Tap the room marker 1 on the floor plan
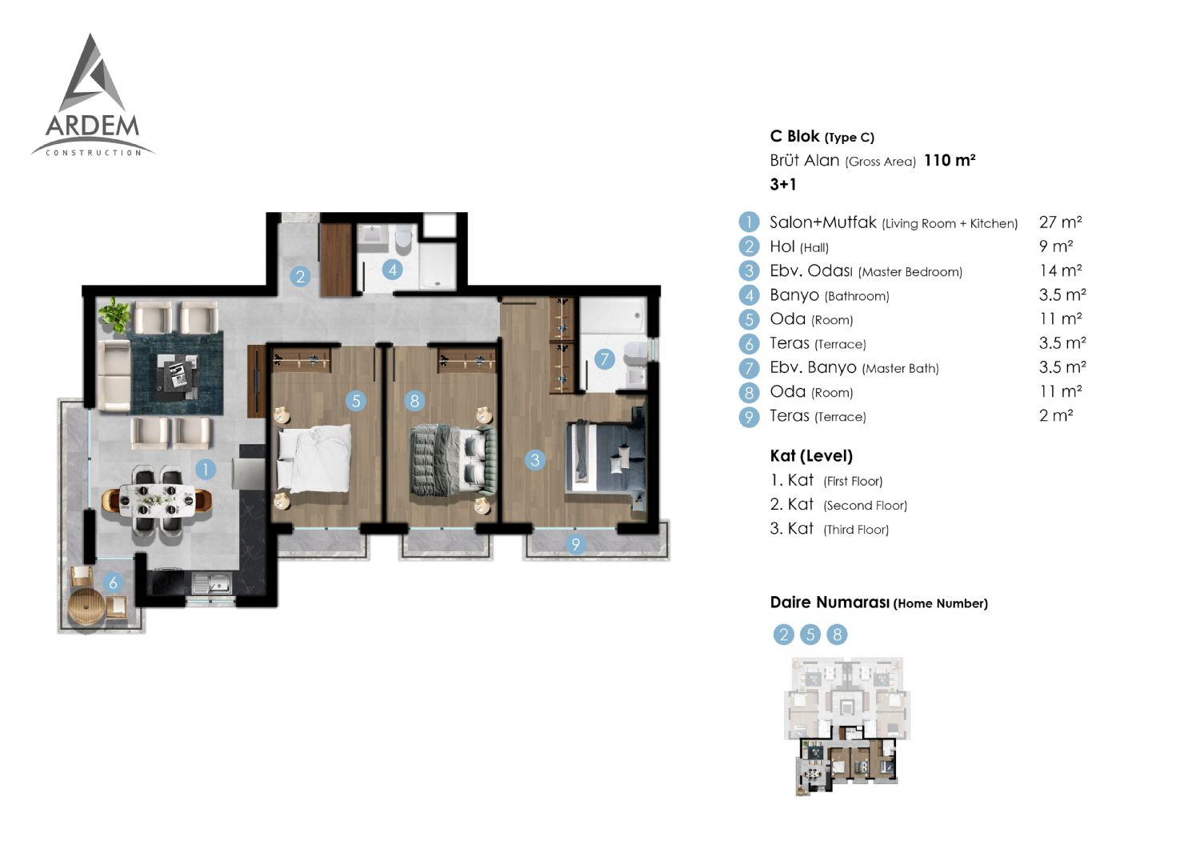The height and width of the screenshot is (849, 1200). [205, 470]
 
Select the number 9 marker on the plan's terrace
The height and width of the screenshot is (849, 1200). [575, 545]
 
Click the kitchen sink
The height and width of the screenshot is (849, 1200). [212, 583]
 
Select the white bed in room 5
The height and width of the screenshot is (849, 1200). [314, 459]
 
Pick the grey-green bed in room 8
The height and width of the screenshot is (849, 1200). [454, 459]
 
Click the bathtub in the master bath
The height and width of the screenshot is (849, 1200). [614, 315]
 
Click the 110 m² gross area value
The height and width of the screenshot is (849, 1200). [950, 160]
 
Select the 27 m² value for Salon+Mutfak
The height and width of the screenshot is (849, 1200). [1060, 222]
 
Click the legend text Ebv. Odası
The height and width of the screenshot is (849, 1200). [810, 270]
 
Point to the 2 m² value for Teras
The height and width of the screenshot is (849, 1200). [1056, 415]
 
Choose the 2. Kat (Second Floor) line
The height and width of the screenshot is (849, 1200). [838, 504]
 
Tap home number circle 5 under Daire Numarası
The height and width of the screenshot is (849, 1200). [810, 635]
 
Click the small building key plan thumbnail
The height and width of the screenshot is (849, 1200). [847, 727]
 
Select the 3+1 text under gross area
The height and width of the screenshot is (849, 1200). [782, 184]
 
